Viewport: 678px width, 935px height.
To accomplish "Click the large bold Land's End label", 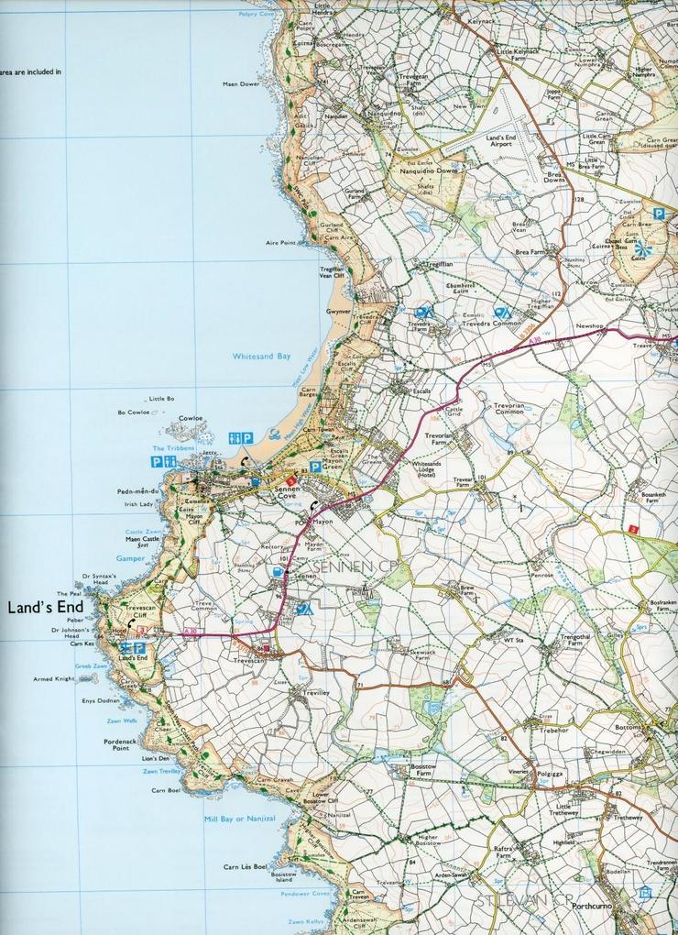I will point(46,607).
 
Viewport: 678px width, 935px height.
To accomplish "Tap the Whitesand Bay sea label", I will point(261,356).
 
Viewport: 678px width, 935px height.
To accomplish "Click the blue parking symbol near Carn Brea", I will point(658,213).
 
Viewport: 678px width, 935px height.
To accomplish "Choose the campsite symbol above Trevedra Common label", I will point(501,313).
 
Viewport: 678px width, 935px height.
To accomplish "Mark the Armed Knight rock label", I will point(52,679).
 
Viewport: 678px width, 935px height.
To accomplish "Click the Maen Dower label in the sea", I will point(241,83).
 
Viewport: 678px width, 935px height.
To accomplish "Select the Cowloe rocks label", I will point(190,418).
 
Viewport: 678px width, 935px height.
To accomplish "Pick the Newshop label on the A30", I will point(589,325).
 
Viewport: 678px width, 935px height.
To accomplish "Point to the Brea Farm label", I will point(530,252).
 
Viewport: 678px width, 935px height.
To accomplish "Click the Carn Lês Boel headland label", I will point(246,866).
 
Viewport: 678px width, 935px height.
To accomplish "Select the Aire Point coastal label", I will point(281,243).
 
